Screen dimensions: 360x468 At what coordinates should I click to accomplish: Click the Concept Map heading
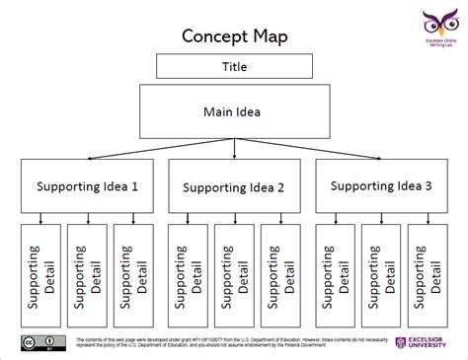pyautogui.click(x=234, y=36)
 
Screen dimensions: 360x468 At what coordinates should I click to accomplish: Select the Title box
pyautogui.click(x=233, y=67)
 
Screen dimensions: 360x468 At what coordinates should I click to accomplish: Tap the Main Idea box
pyautogui.click(x=233, y=110)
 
